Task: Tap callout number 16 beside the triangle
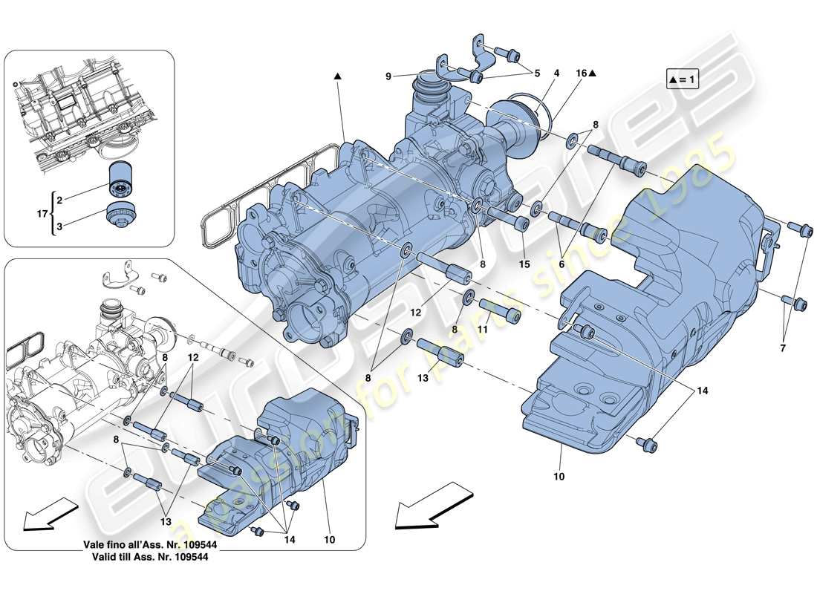[x=581, y=74]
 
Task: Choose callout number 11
[x=482, y=328]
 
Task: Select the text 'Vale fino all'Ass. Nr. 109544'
[x=150, y=544]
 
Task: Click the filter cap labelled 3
[x=120, y=216]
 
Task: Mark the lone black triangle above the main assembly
[x=337, y=76]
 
